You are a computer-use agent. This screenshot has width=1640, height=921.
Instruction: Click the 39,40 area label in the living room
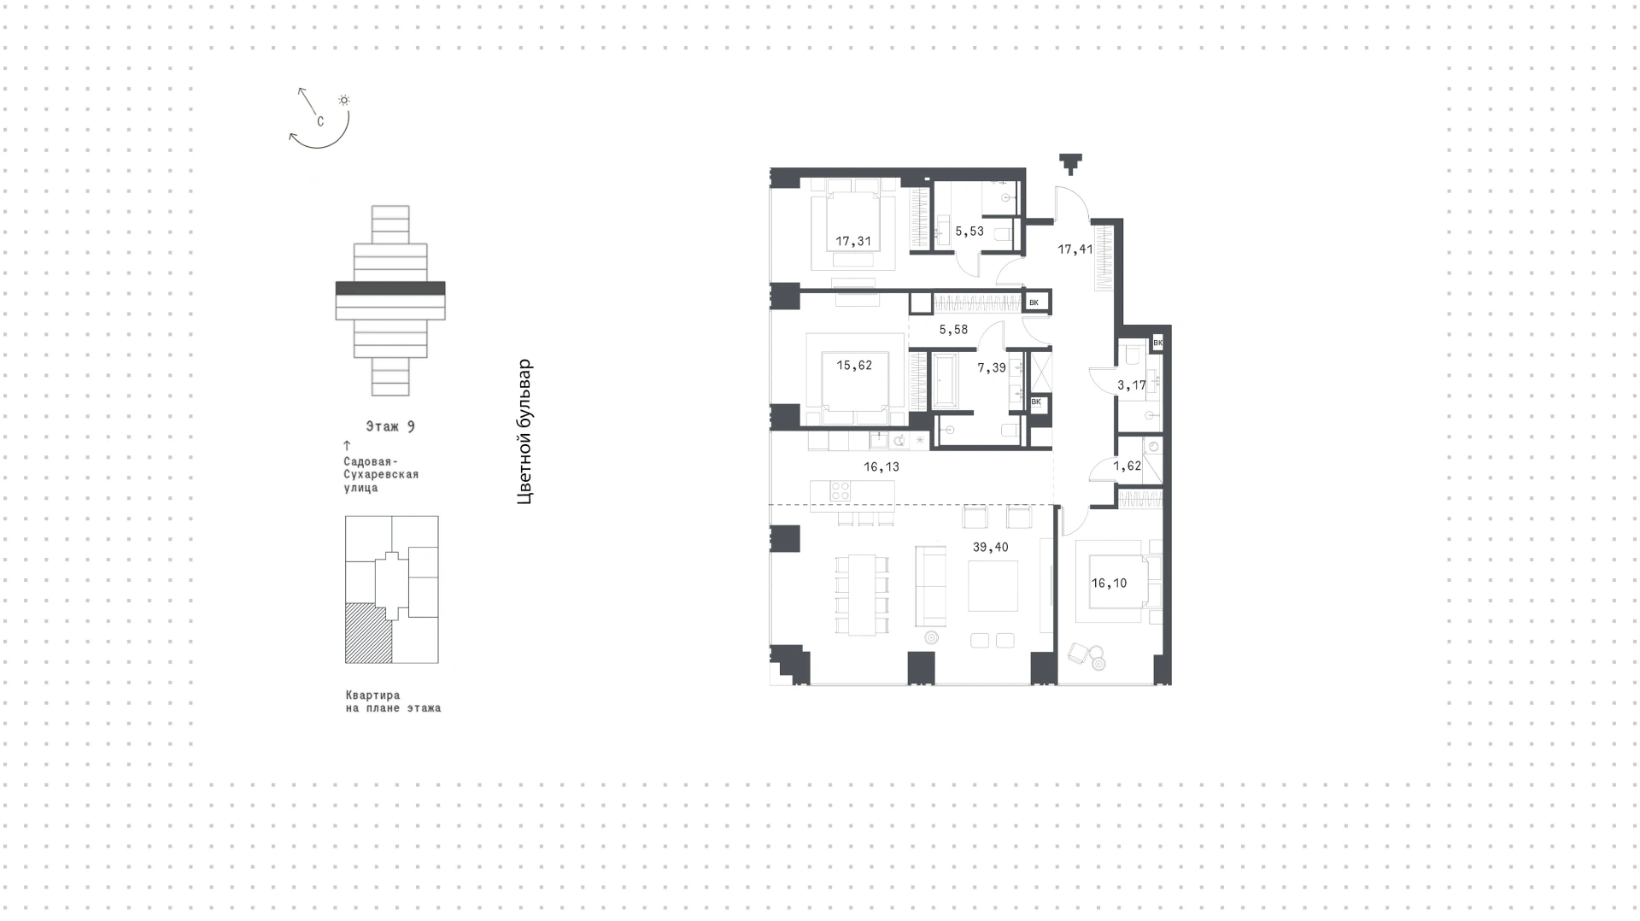click(x=990, y=548)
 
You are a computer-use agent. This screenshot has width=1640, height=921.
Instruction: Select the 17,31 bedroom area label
click(x=853, y=242)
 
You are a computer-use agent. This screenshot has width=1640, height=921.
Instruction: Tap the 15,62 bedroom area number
click(x=854, y=366)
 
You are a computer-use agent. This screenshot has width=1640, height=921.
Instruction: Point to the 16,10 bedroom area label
click(x=1109, y=584)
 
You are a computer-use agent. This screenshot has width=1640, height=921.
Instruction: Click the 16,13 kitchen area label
click(x=881, y=467)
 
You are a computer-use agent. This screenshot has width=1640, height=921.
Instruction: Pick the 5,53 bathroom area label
click(x=969, y=232)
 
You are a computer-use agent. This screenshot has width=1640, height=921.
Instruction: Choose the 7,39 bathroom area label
click(x=992, y=368)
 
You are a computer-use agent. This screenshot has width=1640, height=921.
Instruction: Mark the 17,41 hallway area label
click(x=1075, y=250)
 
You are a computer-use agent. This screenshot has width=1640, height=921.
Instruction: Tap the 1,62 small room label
click(x=1127, y=466)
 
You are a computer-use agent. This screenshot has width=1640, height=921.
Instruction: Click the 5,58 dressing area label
click(x=953, y=330)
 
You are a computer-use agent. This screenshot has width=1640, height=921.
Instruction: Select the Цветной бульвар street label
click(x=524, y=431)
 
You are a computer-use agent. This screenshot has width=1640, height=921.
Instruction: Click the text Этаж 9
click(x=390, y=426)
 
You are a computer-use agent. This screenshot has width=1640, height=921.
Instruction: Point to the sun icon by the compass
click(x=344, y=100)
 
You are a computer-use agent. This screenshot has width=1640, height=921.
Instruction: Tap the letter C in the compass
click(x=320, y=121)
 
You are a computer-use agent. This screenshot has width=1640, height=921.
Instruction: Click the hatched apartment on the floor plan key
click(x=368, y=633)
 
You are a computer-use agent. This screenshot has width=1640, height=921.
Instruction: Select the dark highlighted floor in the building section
click(x=390, y=288)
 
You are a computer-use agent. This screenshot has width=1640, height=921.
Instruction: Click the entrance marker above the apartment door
click(x=1070, y=163)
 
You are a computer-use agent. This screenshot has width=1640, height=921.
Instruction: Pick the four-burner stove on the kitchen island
click(x=840, y=491)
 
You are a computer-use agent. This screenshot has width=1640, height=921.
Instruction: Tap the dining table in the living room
click(x=862, y=595)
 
